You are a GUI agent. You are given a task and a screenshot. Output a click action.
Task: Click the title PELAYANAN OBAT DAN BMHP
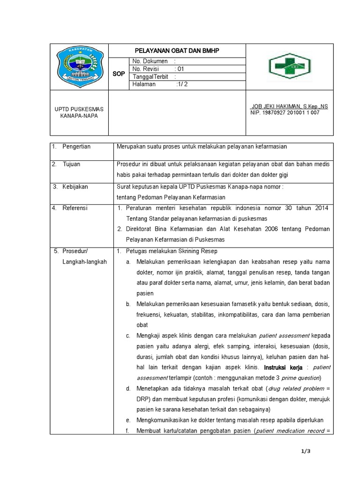pos(177,50)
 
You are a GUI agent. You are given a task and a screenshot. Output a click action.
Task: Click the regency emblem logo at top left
pos(79,66)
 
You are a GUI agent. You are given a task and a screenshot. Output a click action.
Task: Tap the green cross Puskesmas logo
pos(289,67)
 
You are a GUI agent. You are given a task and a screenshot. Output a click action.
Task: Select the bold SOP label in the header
pos(119,74)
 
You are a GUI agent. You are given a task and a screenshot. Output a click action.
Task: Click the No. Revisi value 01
pos(180,69)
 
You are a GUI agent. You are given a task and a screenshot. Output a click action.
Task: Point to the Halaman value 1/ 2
pos(181,84)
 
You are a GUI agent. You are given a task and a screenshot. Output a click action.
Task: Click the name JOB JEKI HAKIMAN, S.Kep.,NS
pos(289,106)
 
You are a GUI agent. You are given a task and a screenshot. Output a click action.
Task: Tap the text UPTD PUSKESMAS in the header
pos(79,109)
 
